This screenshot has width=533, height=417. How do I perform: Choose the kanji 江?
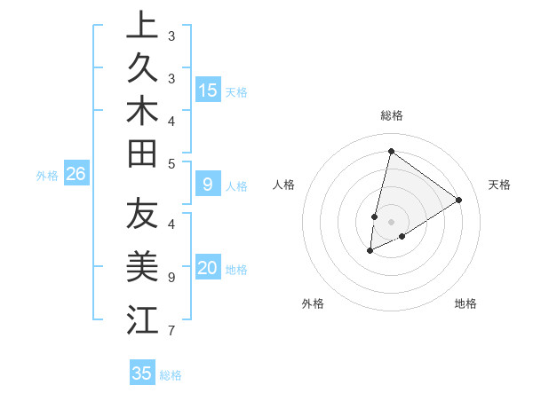[x=142, y=319]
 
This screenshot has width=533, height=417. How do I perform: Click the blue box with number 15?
[x=208, y=90]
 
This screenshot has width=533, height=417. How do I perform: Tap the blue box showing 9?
[x=208, y=185]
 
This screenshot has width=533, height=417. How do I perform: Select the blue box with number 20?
[x=208, y=269]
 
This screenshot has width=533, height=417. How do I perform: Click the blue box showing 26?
[x=76, y=175]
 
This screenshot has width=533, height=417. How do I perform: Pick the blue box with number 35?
[x=142, y=374]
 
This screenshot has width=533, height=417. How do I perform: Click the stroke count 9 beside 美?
[x=171, y=278]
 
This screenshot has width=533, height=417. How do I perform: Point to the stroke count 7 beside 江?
[x=171, y=331]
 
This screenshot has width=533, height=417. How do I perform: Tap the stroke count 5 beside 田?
[x=171, y=163]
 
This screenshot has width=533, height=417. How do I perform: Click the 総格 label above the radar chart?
[x=391, y=115]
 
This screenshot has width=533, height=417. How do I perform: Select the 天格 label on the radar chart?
[x=499, y=185]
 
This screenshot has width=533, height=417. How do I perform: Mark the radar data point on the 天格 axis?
[x=459, y=200]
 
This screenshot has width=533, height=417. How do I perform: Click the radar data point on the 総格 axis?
[x=391, y=151]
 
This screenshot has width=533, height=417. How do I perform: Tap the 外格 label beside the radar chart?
[x=313, y=303]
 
